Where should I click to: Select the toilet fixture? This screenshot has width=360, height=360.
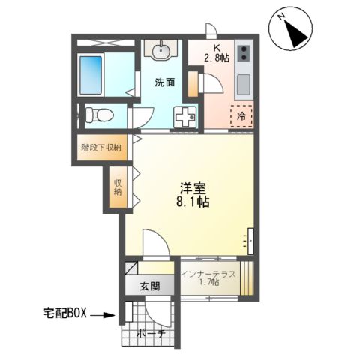pos(97,115)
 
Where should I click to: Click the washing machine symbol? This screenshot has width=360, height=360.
pos(184,116)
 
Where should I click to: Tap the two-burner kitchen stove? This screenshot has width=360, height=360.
pos(245,54)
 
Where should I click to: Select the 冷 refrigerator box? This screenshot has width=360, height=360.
pos(241,116)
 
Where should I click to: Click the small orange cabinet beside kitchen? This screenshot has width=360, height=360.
pos(193,85)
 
